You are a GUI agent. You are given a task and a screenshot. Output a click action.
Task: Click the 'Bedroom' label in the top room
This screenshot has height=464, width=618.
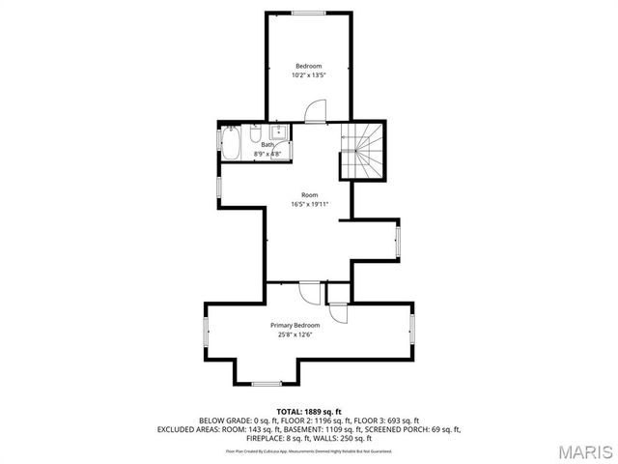(308, 65)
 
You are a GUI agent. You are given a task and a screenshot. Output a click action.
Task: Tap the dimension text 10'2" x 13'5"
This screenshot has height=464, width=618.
(308, 74)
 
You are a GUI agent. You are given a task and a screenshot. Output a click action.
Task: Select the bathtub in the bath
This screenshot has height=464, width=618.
(233, 146)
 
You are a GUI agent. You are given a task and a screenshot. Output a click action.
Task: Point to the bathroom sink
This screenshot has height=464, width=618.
(278, 132)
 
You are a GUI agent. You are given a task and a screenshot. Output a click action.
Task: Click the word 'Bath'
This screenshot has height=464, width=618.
(267, 145)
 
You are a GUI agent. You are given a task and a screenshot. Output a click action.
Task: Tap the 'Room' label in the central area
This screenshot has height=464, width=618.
(309, 194)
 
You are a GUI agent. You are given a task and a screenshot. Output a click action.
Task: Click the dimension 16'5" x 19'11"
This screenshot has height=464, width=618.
(309, 204)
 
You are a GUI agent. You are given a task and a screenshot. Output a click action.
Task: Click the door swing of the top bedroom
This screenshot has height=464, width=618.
(315, 112)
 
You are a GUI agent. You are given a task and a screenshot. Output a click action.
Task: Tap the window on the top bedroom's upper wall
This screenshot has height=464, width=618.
(308, 13)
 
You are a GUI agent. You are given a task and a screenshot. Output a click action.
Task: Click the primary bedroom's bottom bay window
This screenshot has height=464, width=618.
(267, 384)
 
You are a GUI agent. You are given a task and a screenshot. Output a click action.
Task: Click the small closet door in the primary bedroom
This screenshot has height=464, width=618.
(338, 310)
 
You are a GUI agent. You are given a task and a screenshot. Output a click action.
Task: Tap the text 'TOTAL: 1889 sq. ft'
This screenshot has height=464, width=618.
(308, 412)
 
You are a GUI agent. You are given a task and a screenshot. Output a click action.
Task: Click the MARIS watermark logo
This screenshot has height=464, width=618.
(585, 450)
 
